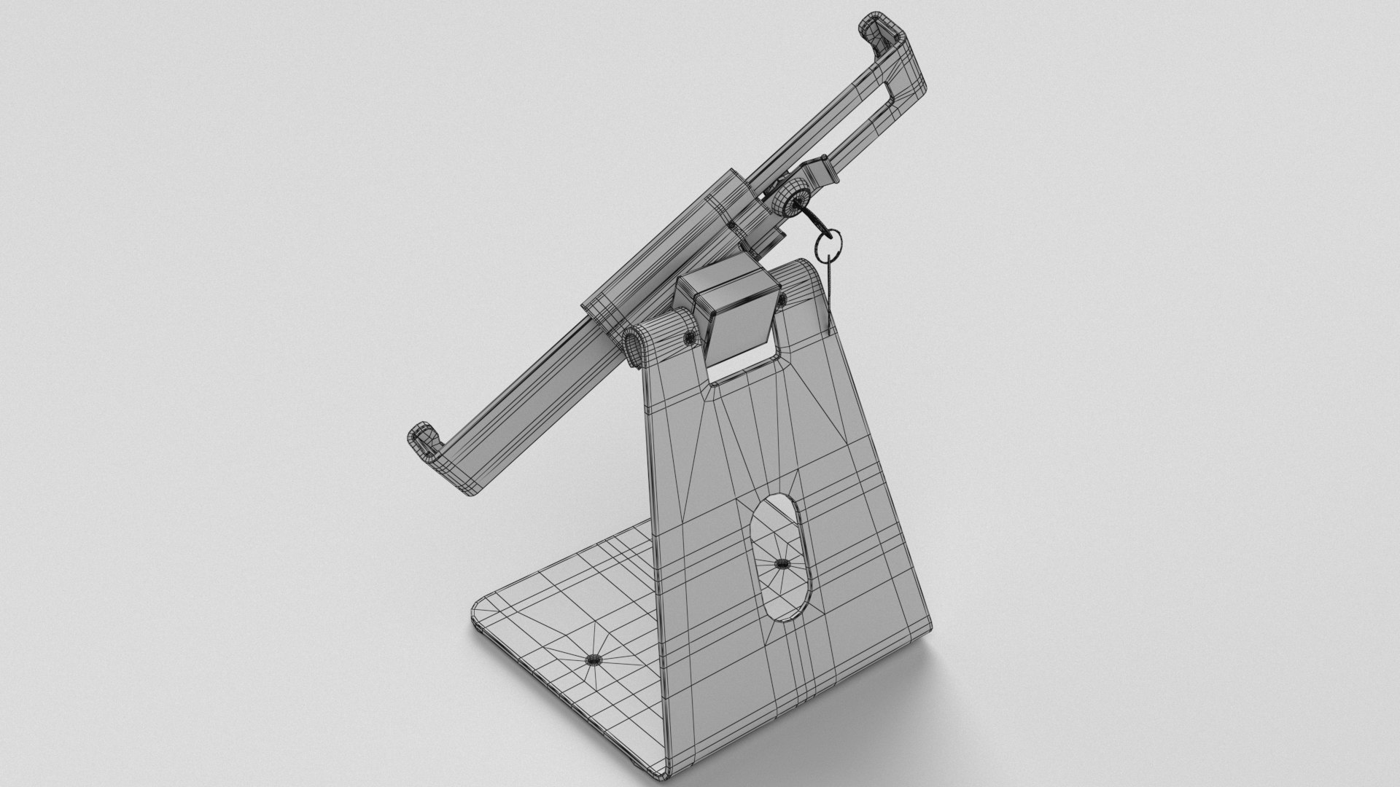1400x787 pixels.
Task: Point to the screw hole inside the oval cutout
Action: pyautogui.click(x=781, y=563)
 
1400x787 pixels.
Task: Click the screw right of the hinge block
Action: pyautogui.click(x=781, y=299)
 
